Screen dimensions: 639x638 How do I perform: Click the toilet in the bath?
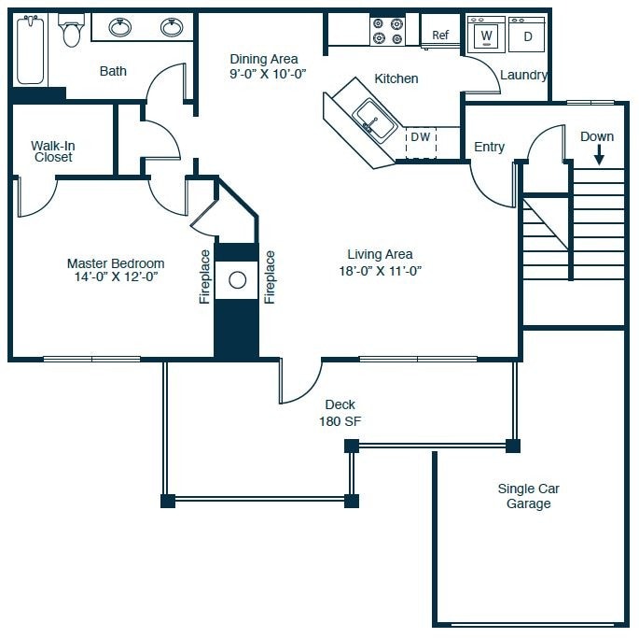[x=71, y=30]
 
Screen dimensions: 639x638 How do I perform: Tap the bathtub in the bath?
[x=31, y=50]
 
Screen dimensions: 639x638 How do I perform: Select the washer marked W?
[x=486, y=35]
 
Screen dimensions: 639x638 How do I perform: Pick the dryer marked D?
[x=526, y=35]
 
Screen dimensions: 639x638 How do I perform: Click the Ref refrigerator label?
[x=440, y=35]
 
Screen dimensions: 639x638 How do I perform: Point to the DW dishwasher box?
[x=421, y=143]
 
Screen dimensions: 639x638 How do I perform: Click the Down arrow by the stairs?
[x=599, y=155]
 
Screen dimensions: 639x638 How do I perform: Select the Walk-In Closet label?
[x=53, y=151]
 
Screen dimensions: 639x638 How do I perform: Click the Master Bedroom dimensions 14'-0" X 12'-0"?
[x=116, y=276]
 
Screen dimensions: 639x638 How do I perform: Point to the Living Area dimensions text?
[x=381, y=271]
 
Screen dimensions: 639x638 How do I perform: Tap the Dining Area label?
[x=264, y=59]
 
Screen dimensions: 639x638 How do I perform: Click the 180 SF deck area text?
[x=340, y=421]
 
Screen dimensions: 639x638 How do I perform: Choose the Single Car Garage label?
[x=529, y=496]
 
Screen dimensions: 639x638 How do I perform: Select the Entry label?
[x=489, y=147]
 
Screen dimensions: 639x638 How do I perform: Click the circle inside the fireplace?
[x=238, y=280]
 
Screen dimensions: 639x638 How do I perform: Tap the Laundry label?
[x=523, y=75]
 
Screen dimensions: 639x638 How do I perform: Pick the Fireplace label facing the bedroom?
[x=204, y=276]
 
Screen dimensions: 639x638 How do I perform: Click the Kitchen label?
[x=396, y=78]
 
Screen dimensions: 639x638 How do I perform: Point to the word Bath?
[x=113, y=71]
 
